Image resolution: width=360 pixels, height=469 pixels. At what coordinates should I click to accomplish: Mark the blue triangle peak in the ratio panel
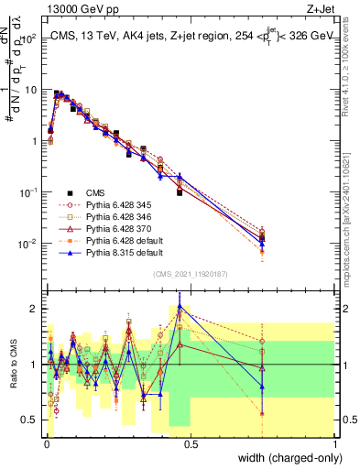(180, 308)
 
